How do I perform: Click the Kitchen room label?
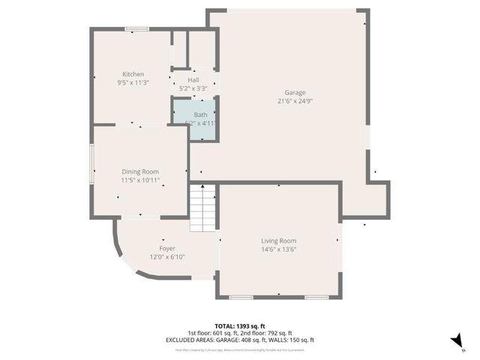pyautogui.click(x=133, y=74)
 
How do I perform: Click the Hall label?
pyautogui.click(x=193, y=79)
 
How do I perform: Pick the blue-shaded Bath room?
pyautogui.click(x=195, y=120)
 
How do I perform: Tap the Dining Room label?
pyautogui.click(x=140, y=172)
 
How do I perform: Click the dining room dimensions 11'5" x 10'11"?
pyautogui.click(x=140, y=180)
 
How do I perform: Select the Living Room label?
pyautogui.click(x=278, y=241)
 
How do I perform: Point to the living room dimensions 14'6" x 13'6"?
pyautogui.click(x=278, y=249)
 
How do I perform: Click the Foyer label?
pyautogui.click(x=166, y=248)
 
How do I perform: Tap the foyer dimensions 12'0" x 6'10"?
pyautogui.click(x=166, y=256)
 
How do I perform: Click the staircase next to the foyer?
pyautogui.click(x=202, y=208)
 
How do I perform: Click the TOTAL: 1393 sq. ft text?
pyautogui.click(x=240, y=326)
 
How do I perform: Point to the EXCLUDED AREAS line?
pyautogui.click(x=240, y=340)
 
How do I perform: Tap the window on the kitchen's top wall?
pyautogui.click(x=136, y=29)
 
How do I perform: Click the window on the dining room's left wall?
pyautogui.click(x=92, y=165)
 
